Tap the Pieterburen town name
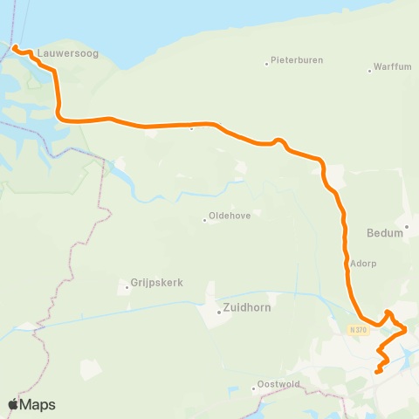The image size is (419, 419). tap(298, 61)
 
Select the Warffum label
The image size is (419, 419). tap(391, 67)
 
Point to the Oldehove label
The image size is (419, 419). tap(229, 219)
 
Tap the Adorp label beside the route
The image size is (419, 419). tap(362, 262)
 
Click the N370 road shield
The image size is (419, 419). tap(356, 329)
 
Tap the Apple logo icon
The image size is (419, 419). tap(13, 404)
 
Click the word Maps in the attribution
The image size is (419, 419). tap(38, 404)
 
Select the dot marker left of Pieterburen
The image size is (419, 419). tap(267, 63)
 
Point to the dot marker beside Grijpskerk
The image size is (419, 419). tap(127, 284)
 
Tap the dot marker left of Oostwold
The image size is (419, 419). tap(254, 388)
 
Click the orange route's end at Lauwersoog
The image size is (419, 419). tap(16, 46)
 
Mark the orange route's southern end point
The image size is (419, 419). tap(377, 372)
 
